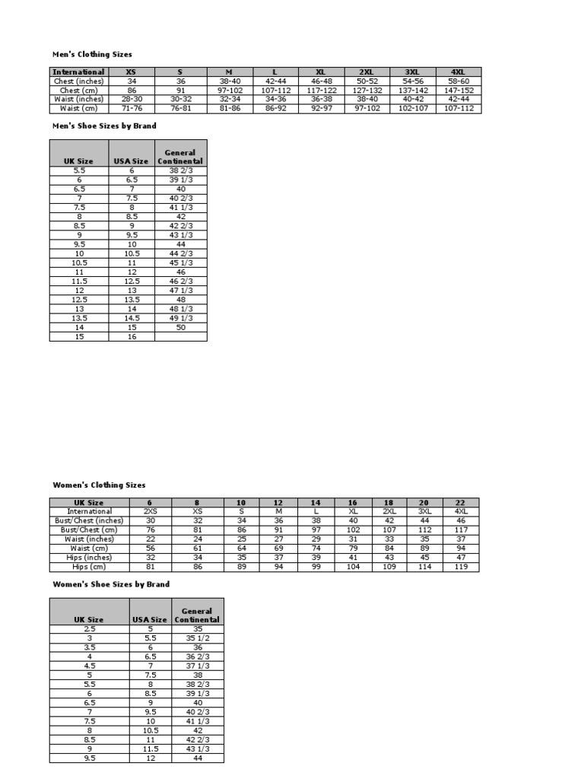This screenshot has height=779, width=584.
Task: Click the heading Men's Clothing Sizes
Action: pos(92,54)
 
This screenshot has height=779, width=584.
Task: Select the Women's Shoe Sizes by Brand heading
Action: pos(111,584)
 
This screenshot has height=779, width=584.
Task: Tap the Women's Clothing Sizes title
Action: pos(99,485)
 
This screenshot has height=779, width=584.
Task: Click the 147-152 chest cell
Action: pos(459,91)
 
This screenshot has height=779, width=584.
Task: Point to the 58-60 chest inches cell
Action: pos(459,81)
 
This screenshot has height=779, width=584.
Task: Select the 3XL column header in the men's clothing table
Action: pos(412,72)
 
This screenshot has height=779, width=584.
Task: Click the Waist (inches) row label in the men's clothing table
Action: pos(79,100)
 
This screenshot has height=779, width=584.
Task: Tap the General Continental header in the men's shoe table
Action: pos(181,157)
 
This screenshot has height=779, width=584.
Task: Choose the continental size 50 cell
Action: pos(181,326)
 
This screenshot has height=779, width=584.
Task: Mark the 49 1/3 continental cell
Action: pos(181,317)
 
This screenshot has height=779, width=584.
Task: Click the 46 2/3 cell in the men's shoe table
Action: pos(181,281)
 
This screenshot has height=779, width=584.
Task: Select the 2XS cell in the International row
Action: pos(151,511)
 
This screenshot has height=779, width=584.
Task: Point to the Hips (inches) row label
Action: pos(90,558)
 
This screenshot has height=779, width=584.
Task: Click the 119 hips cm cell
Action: pos(461,567)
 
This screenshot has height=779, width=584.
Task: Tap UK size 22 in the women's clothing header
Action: pos(461,502)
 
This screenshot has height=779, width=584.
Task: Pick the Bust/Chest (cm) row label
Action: pos(90,529)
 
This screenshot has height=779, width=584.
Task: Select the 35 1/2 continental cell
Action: pos(197,638)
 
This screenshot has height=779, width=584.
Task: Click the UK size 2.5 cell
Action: pos(90,628)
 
